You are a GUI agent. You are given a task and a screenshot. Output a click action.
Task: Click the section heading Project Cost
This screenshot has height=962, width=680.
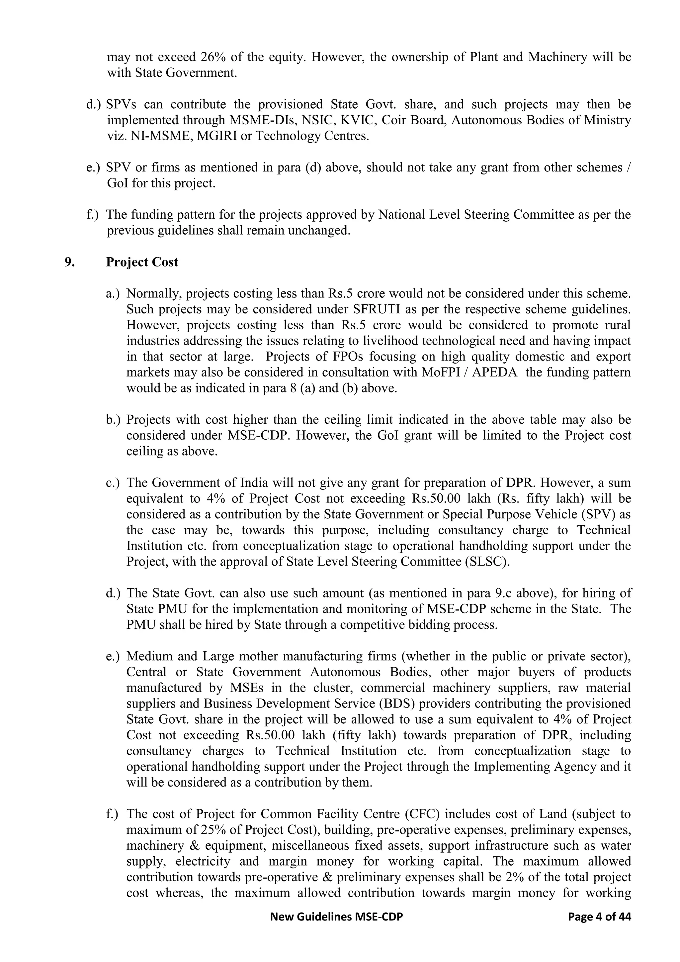[142, 262]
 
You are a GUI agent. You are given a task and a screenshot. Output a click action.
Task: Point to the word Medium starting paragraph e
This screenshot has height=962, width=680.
[148, 656]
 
